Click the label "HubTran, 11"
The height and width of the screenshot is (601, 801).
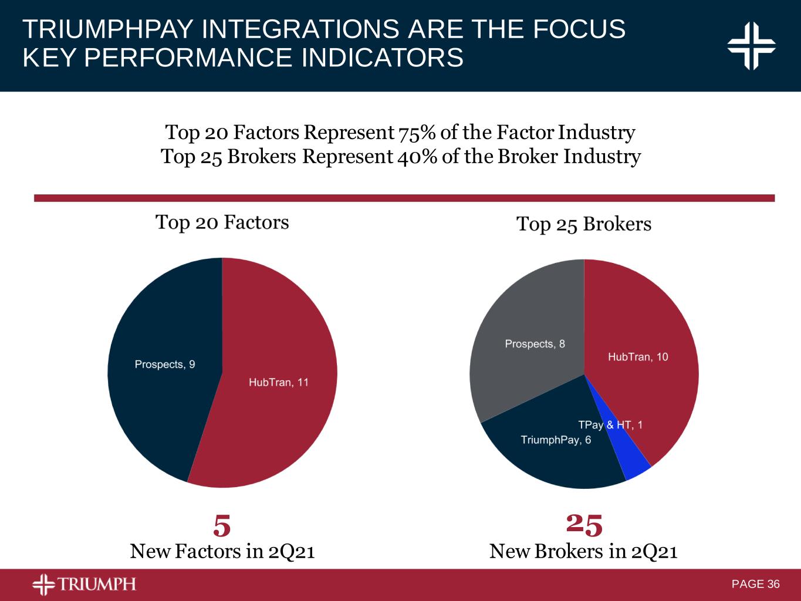click(279, 382)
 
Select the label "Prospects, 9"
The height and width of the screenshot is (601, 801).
click(165, 364)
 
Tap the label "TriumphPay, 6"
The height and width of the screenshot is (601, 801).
click(556, 440)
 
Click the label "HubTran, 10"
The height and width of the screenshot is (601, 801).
click(638, 357)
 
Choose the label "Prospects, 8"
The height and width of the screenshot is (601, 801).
click(535, 344)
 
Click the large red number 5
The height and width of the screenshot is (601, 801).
click(222, 526)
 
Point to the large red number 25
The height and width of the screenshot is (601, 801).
click(584, 525)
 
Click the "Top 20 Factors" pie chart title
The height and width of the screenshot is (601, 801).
click(222, 222)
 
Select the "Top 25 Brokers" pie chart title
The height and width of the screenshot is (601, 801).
click(584, 224)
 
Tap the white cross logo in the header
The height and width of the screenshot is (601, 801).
click(751, 46)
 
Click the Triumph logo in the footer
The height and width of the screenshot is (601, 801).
click(84, 584)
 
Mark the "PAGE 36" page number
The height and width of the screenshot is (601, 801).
click(756, 584)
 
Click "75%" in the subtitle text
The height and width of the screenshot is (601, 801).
click(417, 133)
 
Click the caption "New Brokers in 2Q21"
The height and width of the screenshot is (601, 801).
click(583, 552)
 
